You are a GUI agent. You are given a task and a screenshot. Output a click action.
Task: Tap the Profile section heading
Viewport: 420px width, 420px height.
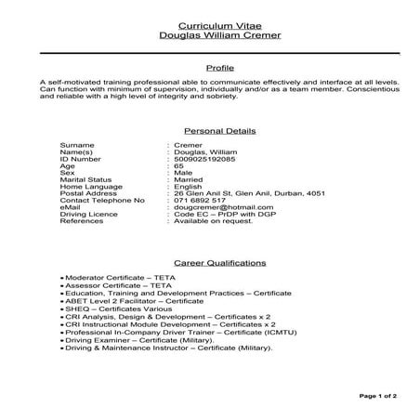220,68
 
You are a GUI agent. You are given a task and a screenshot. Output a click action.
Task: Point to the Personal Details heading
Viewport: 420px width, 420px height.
220,131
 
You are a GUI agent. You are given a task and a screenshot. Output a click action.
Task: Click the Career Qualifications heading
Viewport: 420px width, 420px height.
220,263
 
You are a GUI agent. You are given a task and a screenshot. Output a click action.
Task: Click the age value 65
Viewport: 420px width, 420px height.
178,165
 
